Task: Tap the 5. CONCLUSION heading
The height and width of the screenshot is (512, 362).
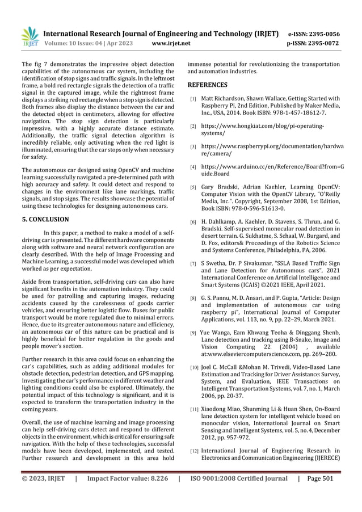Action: (45, 219)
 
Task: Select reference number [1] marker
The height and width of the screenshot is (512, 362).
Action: (193, 99)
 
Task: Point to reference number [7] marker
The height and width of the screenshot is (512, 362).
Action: (193, 263)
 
